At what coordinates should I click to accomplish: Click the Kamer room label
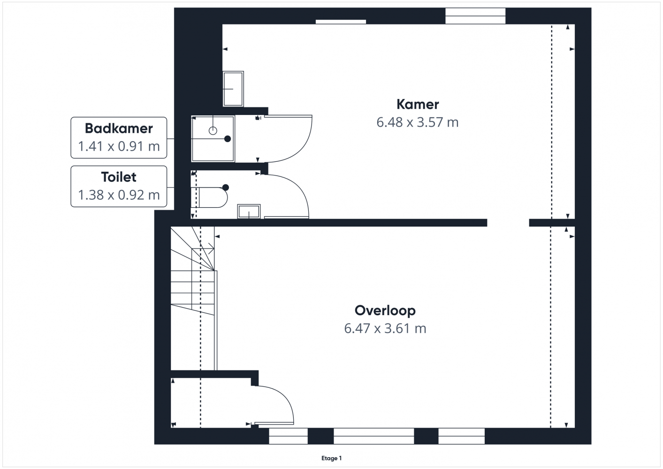418,105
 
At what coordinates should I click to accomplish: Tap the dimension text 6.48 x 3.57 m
417,122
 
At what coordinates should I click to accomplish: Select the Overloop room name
385,310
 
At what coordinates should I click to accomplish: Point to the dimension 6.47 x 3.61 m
385,328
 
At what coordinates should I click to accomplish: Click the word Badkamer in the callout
119,129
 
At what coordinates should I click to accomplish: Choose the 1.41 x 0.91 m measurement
119,146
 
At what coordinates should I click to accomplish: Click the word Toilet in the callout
119,177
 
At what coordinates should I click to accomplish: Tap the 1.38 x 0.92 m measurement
119,195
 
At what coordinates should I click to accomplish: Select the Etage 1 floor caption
331,458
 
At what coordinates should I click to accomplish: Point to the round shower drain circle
213,130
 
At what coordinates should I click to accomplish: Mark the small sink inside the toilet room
249,211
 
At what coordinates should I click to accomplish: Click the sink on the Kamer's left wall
233,89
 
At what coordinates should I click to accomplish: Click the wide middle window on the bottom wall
374,436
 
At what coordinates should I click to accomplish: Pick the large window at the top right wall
475,15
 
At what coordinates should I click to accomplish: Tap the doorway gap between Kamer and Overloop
508,223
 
